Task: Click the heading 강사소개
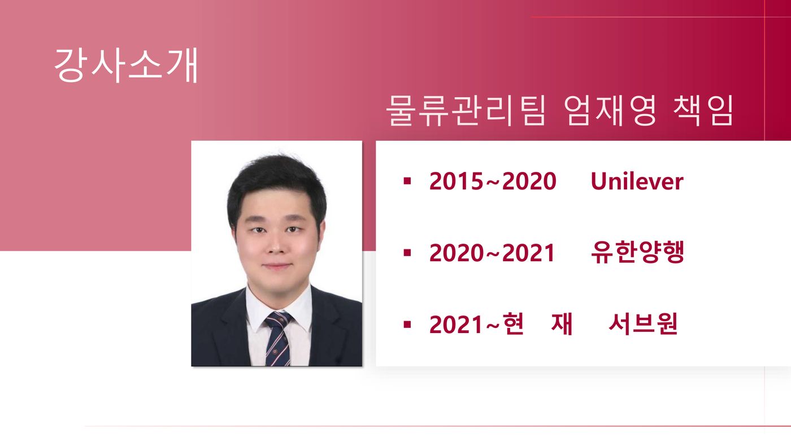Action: tap(126, 66)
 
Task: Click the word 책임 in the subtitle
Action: tap(703, 111)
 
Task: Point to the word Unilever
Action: tap(637, 182)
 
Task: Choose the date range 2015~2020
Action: tap(493, 182)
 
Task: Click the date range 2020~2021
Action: tap(492, 253)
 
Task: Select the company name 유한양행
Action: tap(637, 252)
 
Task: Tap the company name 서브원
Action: tap(643, 324)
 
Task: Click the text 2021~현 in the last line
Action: tap(476, 324)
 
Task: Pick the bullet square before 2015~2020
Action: tap(407, 182)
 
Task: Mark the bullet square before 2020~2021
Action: tap(407, 253)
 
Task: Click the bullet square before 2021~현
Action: tap(407, 325)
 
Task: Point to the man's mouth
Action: tap(277, 266)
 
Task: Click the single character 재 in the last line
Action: tap(562, 324)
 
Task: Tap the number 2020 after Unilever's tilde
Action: tap(529, 182)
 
